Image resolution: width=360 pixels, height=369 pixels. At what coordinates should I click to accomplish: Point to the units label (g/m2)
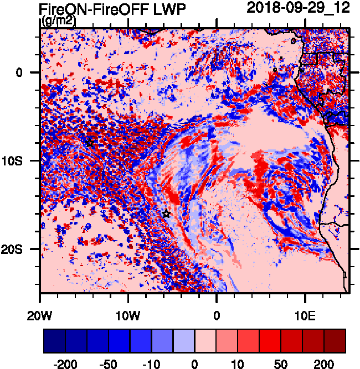click(58, 21)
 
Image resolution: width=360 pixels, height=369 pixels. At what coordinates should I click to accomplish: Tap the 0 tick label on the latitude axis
click(19, 72)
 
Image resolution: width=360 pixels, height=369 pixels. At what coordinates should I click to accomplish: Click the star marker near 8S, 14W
click(90, 143)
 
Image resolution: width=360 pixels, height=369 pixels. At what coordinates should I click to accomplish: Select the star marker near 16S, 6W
click(166, 214)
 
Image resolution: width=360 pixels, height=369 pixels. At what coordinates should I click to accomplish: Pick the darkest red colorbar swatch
click(335, 341)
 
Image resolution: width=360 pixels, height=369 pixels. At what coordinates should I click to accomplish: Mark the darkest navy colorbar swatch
click(55, 341)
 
